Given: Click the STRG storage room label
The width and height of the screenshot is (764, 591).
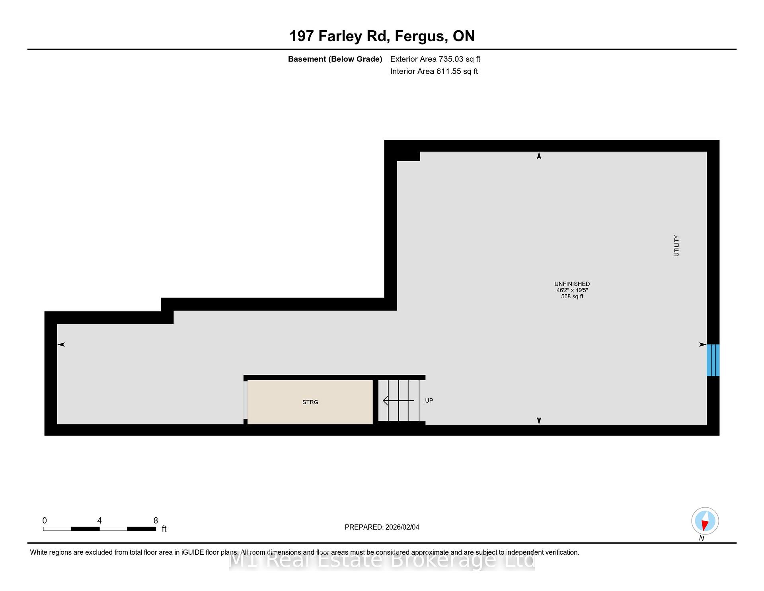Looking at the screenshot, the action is click(310, 402).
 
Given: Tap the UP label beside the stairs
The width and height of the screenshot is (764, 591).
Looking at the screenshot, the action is click(429, 401).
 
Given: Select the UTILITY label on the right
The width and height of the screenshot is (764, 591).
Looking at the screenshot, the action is click(676, 246).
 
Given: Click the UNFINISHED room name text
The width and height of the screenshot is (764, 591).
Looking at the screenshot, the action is click(572, 284).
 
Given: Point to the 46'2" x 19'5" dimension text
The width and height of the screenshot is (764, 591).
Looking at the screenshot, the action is click(572, 290).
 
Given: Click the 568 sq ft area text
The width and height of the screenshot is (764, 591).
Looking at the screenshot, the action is click(572, 296).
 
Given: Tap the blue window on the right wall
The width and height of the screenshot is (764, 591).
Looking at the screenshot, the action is click(713, 360).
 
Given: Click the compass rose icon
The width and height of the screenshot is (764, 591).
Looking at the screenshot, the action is click(705, 521).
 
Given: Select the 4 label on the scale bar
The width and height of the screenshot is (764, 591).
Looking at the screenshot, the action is click(99, 521).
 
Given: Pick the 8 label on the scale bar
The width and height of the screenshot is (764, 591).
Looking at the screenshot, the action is click(156, 521).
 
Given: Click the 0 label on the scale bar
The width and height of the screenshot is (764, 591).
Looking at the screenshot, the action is click(45, 521).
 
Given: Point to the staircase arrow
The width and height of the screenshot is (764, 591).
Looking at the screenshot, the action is click(398, 400).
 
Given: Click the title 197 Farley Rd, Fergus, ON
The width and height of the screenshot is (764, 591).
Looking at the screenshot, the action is click(382, 36).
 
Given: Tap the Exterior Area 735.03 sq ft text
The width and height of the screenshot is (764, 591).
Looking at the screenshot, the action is click(435, 59).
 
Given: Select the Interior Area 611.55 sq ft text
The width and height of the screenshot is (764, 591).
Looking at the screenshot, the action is click(434, 71).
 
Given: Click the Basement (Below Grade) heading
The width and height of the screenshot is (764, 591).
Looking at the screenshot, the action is click(335, 59).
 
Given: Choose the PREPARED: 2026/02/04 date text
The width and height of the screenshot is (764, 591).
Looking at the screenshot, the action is click(382, 527).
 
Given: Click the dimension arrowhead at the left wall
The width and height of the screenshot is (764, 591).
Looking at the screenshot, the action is click(61, 344).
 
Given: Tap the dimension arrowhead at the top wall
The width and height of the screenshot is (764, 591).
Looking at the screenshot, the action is click(539, 156).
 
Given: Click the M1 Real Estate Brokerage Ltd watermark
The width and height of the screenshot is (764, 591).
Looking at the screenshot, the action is click(382, 560).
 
